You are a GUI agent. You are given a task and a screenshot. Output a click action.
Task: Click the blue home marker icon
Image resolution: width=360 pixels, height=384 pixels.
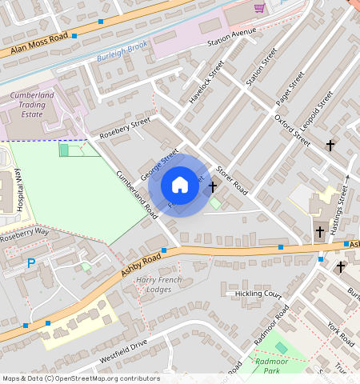pos(180,186)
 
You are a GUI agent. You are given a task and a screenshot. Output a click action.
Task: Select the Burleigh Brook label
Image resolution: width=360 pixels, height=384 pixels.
pos(122,50)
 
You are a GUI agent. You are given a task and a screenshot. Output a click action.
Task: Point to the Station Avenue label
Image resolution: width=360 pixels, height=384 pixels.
pos(231,37)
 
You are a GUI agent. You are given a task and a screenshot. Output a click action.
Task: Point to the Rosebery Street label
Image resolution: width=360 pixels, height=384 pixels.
pos(125,129)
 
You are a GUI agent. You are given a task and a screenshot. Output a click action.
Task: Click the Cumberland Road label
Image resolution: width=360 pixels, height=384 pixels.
pos(136,195)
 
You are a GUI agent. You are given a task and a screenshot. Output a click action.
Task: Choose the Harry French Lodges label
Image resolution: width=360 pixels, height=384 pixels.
pos(158,284)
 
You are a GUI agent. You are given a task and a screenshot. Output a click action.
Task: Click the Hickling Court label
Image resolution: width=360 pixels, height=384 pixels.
pos(259,294)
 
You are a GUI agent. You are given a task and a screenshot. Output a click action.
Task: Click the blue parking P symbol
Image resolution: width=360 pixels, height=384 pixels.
pos(31,262)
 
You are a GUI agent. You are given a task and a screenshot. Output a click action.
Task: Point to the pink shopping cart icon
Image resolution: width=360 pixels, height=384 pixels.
pos(259,8)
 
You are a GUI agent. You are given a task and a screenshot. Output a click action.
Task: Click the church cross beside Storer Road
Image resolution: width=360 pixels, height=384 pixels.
pos(212,186)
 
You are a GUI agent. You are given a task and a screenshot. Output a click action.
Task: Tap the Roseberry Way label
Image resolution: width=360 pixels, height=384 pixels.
pos(24,232)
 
